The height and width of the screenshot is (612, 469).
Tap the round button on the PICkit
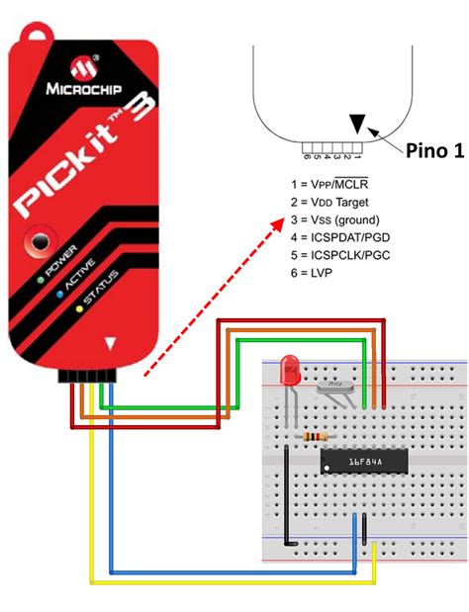[x=41, y=240]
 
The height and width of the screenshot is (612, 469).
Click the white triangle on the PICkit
[x=112, y=344]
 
